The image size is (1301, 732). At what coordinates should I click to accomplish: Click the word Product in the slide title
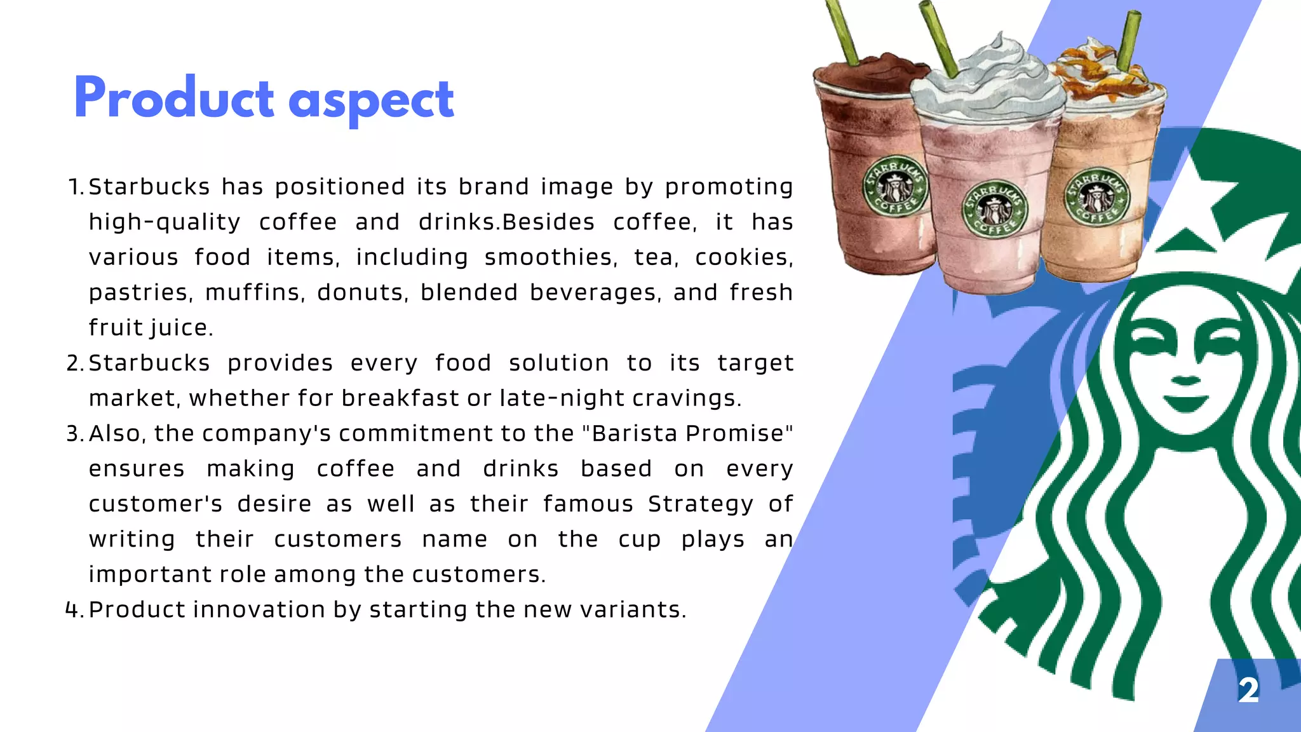pos(173,98)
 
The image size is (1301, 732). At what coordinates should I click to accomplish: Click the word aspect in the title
pos(371,102)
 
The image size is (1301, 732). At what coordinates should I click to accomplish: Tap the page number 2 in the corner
pos(1248,690)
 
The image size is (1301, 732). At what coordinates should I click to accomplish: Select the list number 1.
pos(74,187)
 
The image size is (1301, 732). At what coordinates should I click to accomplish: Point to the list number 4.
pos(74,610)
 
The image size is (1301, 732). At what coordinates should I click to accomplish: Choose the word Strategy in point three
pos(700,504)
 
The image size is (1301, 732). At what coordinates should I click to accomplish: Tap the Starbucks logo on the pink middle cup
pos(994,209)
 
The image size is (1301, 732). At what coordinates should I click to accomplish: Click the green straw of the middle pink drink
pos(938,38)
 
